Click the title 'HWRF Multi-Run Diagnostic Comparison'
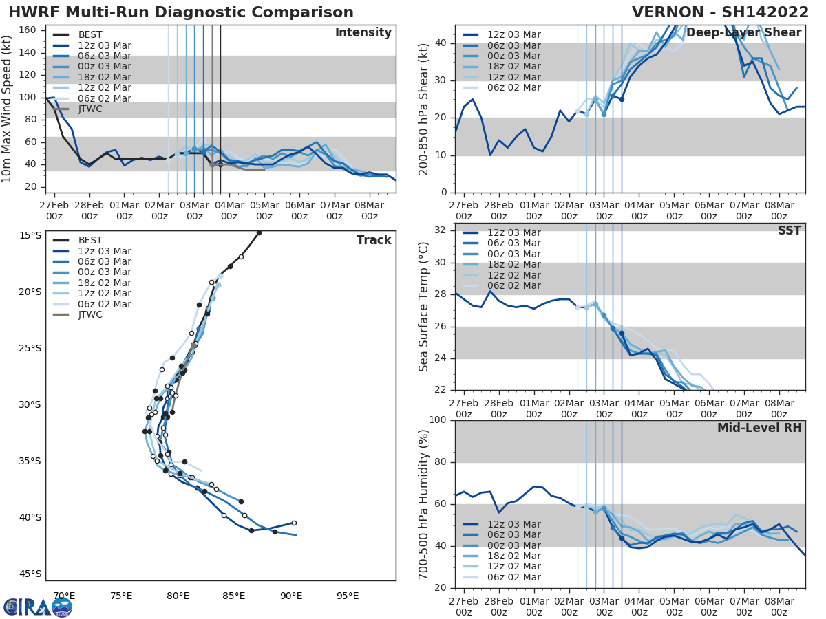point(181,12)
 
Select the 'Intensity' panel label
point(363,33)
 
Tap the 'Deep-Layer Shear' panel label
point(743,33)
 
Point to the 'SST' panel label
point(789,231)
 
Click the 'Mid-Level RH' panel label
point(759,428)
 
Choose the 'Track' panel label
point(374,240)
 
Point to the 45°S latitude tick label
point(30,574)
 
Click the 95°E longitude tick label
point(348,596)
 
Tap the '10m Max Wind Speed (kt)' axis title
point(8,109)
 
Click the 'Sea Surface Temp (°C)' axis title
point(424,307)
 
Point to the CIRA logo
point(37,607)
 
